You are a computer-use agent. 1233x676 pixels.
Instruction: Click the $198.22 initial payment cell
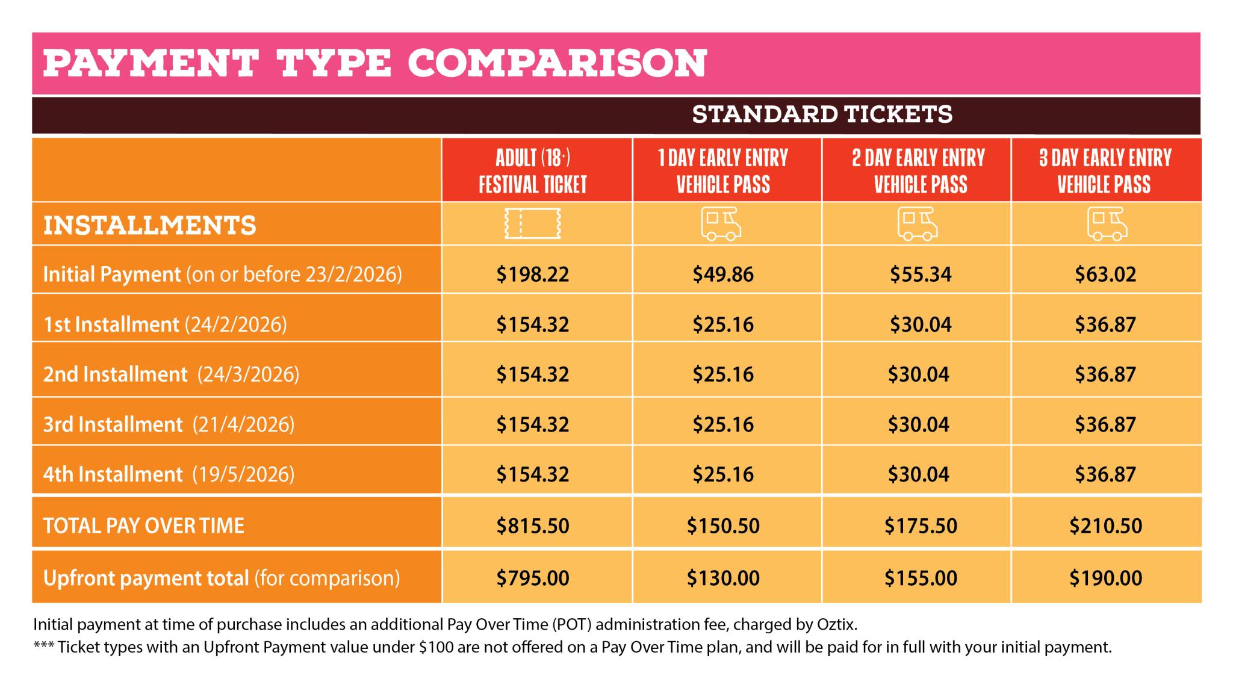coord(532,274)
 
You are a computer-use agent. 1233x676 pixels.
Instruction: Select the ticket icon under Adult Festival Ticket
coord(532,223)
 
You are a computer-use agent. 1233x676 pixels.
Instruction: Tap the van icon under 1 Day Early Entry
coord(721,224)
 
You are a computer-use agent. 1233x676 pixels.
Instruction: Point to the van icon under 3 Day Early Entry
coord(1107,224)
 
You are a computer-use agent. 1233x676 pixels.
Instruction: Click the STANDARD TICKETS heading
coord(822,114)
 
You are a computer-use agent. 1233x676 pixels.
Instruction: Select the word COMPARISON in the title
coord(557,63)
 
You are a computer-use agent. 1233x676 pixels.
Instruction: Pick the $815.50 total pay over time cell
coord(532,526)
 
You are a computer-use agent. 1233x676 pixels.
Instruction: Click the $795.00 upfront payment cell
coord(532,578)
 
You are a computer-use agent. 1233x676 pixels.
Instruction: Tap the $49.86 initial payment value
coord(722,274)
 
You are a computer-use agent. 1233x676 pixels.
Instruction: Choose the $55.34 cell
coord(921,274)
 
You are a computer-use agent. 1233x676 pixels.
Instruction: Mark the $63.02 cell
coord(1105,274)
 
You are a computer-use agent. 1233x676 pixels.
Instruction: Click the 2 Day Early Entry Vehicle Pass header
coord(919,171)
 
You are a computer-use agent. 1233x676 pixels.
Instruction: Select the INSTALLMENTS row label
coord(149,226)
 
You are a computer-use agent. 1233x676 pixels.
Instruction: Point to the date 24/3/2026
coord(248,374)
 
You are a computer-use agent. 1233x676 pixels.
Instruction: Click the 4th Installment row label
coord(113,474)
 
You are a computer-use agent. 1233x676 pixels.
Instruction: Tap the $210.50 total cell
coord(1105,526)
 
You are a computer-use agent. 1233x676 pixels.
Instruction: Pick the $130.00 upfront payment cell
coord(722,578)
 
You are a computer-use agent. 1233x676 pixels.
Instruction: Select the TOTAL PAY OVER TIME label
coord(143,526)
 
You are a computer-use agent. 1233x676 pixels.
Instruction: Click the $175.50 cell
coord(921,526)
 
